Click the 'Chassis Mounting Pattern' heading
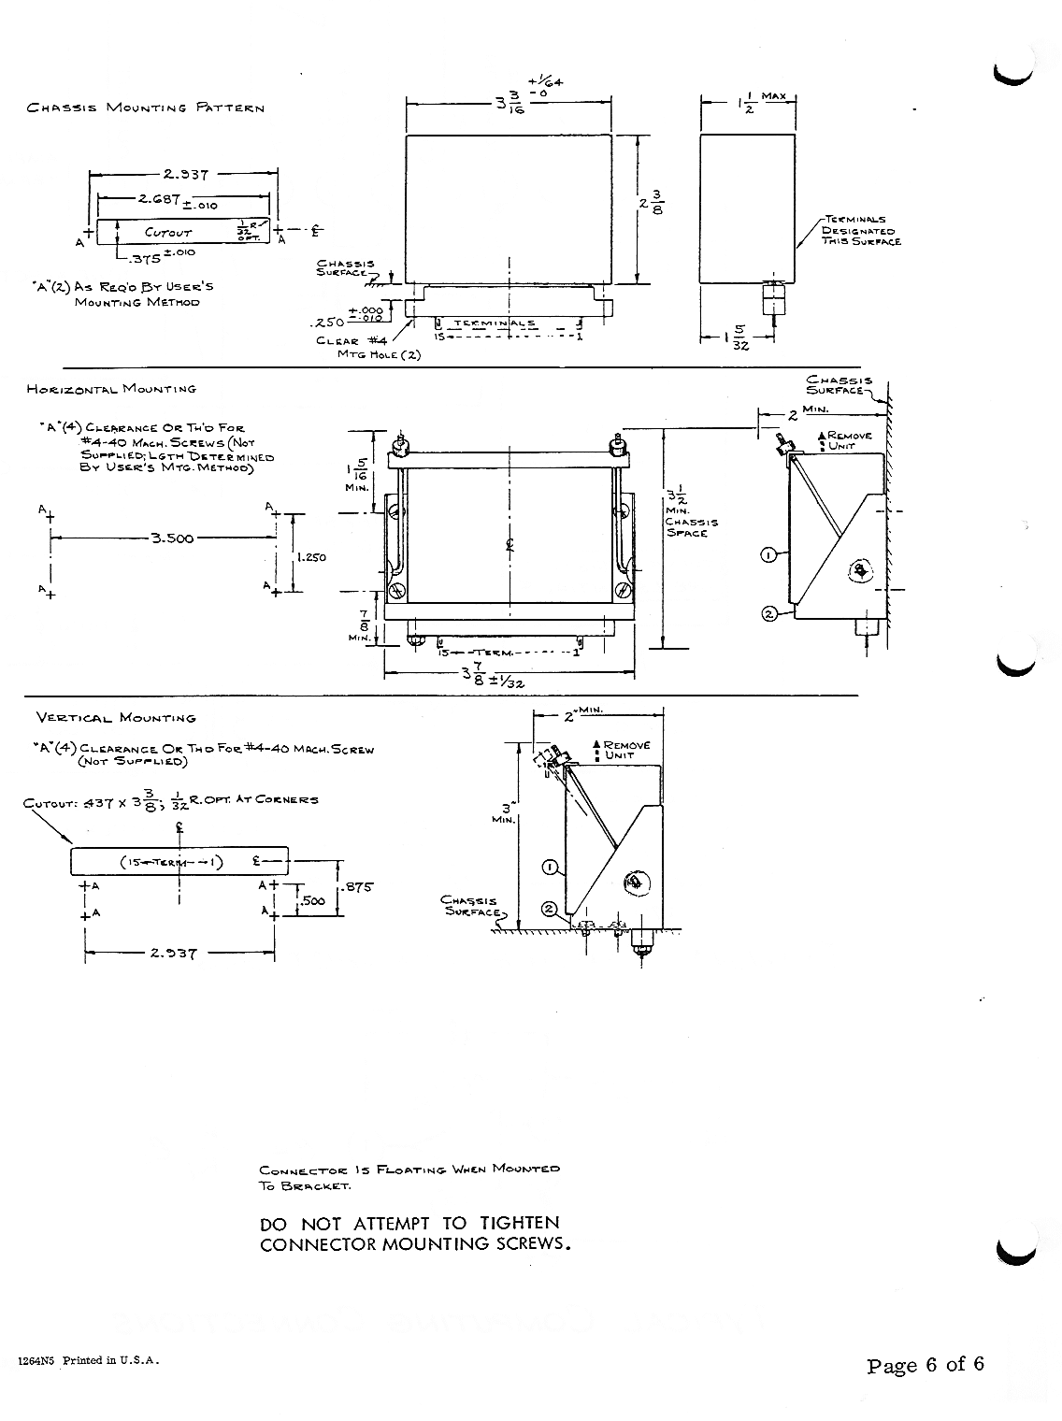click(x=146, y=108)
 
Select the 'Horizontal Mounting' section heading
click(x=112, y=388)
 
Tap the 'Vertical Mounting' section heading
click(x=116, y=718)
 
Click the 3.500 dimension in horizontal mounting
click(x=172, y=538)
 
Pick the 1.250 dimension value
click(x=310, y=557)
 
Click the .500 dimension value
click(x=314, y=900)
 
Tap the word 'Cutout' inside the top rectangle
click(x=168, y=232)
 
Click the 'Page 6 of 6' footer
click(x=926, y=1364)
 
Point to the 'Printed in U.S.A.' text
click(x=111, y=1360)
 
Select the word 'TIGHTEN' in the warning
click(x=520, y=1223)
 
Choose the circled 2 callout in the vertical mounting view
click(x=551, y=908)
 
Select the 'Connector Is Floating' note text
click(x=409, y=1177)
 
